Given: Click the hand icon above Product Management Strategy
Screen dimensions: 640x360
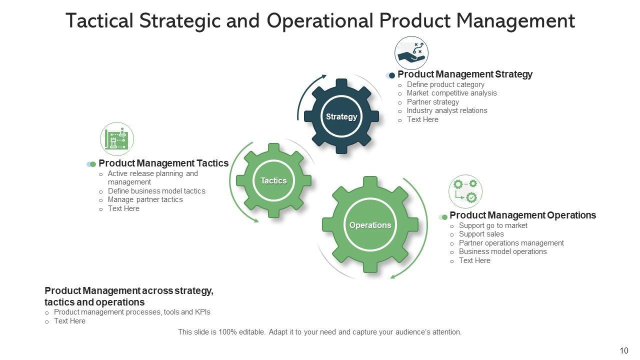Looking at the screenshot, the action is coord(411,53).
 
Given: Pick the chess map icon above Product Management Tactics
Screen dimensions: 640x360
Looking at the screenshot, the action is coord(117,139).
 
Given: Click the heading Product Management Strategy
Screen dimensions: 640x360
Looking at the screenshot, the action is coord(465,74).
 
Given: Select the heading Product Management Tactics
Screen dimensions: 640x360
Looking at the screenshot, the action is coord(163,163).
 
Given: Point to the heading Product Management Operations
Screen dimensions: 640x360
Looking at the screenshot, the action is coord(522,215).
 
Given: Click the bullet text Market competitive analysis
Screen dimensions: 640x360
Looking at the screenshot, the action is coord(451,93).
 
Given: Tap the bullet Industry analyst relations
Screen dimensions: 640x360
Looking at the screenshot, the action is coord(447,110).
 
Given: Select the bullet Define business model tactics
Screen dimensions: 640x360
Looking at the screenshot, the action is coord(156,191).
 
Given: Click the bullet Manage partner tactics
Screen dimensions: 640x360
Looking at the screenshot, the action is coord(145,199).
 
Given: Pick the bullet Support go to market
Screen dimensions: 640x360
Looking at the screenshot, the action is coord(493,225).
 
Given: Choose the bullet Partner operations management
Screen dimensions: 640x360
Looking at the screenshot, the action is coord(511,243).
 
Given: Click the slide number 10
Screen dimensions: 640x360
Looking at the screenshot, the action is coord(624,351).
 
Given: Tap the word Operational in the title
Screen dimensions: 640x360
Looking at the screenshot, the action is coord(320,21).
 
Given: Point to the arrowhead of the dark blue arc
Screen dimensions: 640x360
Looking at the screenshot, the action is coord(324,76).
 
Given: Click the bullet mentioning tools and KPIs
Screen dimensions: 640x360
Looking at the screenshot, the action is coord(132,312).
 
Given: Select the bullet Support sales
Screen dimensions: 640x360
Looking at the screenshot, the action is coord(481,234).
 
